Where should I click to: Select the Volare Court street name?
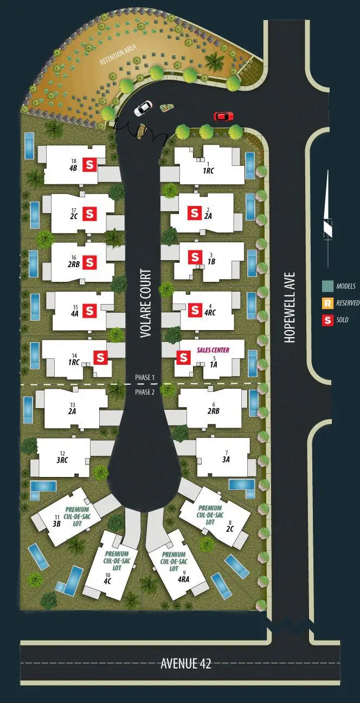pyautogui.click(x=145, y=304)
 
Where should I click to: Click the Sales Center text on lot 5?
pyautogui.click(x=213, y=351)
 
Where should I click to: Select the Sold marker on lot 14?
pyautogui.click(x=101, y=357)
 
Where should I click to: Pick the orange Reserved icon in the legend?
pyautogui.click(x=327, y=303)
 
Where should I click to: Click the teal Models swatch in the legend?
pyautogui.click(x=327, y=286)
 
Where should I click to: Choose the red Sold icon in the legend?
pyautogui.click(x=327, y=320)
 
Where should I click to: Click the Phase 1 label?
pyautogui.click(x=145, y=377)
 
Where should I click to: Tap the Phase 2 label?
pyautogui.click(x=145, y=392)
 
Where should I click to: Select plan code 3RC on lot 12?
pyautogui.click(x=62, y=460)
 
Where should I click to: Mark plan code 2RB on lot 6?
pyautogui.click(x=213, y=411)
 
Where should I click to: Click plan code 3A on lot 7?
pyautogui.click(x=226, y=459)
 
